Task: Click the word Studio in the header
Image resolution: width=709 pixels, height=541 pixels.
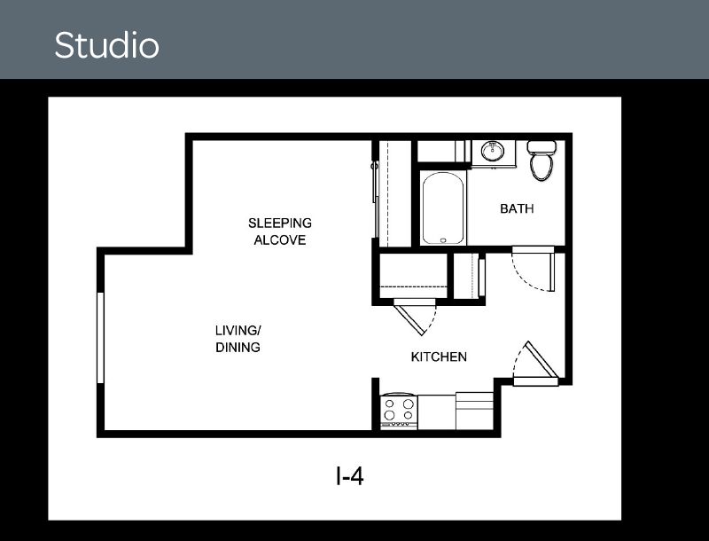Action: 106,45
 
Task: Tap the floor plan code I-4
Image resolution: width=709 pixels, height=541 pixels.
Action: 349,477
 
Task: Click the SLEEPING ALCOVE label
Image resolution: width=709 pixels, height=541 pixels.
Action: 280,231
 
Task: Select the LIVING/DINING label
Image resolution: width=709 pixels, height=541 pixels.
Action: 238,339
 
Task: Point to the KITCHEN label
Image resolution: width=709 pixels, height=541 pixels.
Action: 439,357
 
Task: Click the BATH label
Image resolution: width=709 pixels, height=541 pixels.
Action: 517,209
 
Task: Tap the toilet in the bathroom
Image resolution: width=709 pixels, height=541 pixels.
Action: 541,162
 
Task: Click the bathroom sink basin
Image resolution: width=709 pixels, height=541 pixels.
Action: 492,151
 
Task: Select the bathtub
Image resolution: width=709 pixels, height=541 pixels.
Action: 442,208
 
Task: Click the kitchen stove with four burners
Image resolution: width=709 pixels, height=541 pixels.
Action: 398,411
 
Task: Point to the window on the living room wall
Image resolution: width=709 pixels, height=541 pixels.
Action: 101,337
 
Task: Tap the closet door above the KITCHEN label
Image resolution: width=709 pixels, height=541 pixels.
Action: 414,316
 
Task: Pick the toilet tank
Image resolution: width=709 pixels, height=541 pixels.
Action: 541,146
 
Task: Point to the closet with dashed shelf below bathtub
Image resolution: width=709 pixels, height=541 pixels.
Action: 413,277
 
